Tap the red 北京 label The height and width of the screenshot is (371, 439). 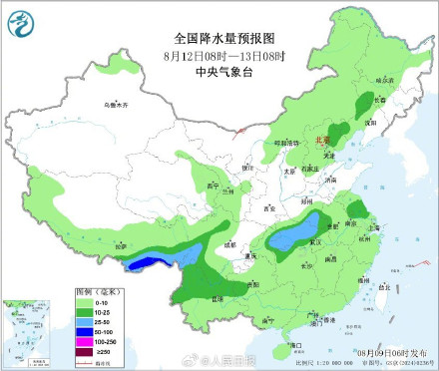click(x=322, y=142)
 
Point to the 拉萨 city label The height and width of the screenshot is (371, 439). click(x=122, y=245)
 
